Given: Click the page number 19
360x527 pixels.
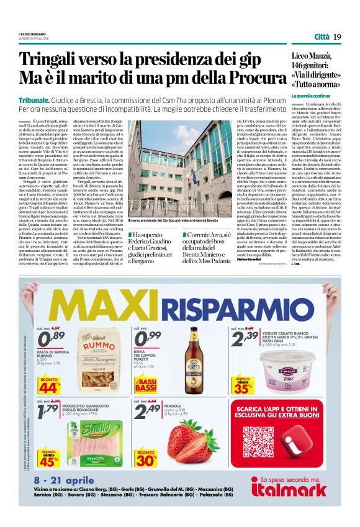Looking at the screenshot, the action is point(337,37).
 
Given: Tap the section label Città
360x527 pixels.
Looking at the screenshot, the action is point(322,37).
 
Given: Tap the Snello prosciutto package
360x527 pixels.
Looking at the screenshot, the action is point(100,435).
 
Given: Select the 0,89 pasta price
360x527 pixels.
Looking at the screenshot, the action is point(52,338).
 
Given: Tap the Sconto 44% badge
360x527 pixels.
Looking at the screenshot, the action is point(49,385).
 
